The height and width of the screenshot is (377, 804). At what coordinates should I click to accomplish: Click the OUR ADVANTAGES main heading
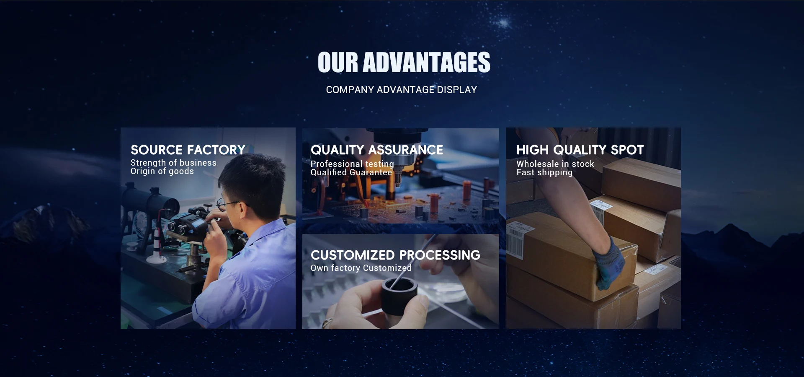(404, 62)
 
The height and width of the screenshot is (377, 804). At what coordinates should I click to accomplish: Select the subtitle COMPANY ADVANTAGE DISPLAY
(402, 90)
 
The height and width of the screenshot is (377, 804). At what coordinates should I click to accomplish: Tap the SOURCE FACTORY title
(188, 150)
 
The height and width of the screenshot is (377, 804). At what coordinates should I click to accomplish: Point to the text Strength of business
(173, 163)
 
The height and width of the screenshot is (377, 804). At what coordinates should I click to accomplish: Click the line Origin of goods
(162, 172)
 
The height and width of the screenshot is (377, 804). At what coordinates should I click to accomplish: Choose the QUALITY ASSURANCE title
(377, 150)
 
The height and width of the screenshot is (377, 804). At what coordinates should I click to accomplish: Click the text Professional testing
(352, 164)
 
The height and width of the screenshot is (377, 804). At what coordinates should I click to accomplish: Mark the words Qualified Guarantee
(351, 172)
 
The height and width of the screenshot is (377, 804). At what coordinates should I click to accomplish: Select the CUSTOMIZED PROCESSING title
(396, 255)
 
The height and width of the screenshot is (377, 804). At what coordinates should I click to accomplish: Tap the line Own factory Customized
(361, 268)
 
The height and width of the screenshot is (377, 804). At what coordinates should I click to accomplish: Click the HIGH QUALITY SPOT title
(580, 150)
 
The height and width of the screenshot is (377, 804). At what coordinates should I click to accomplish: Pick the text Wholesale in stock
(555, 164)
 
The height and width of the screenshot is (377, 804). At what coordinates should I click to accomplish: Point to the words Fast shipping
(544, 172)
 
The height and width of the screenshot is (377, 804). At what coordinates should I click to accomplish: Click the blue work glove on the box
(611, 265)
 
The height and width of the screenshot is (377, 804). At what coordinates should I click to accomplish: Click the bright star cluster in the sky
(504, 23)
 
